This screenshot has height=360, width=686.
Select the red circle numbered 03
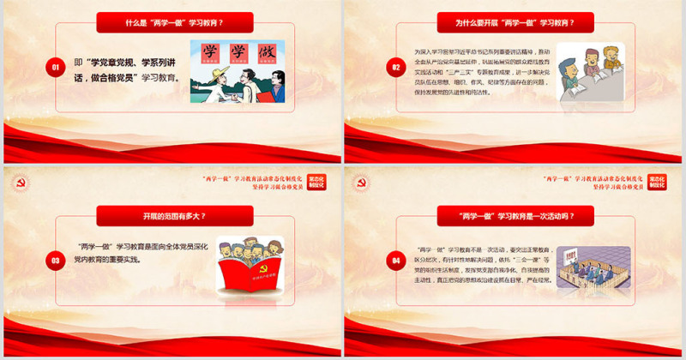coord(55,259)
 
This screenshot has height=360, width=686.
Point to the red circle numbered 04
coord(395,259)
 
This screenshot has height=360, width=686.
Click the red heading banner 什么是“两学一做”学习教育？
coord(174,23)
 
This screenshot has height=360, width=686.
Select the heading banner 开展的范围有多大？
coord(174,215)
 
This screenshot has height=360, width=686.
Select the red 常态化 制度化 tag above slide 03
coord(316,183)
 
